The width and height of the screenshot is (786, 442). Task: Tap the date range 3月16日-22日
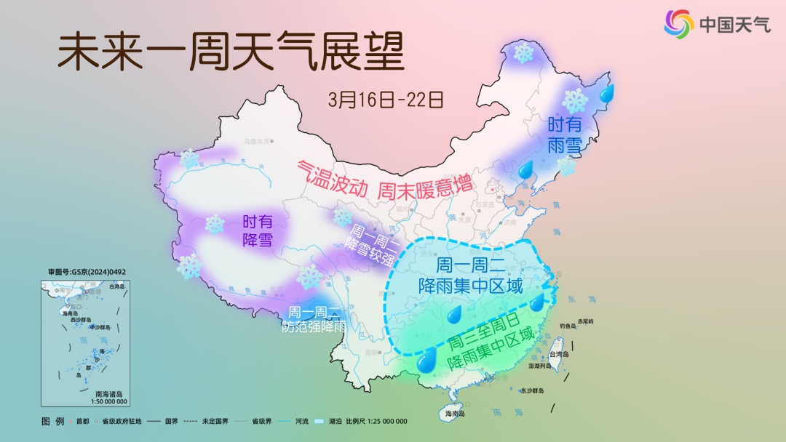click(x=385, y=99)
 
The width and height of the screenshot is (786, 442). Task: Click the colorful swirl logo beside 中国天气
click(x=678, y=24)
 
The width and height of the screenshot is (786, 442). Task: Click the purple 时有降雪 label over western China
click(x=258, y=230)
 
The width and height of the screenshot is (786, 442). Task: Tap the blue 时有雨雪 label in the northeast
click(x=565, y=135)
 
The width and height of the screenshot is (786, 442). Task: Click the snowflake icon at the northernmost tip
click(x=523, y=52)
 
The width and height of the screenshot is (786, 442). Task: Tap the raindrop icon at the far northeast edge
click(x=606, y=92)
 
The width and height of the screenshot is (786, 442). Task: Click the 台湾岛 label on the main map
click(x=558, y=354)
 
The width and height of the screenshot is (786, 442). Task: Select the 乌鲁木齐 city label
click(x=255, y=140)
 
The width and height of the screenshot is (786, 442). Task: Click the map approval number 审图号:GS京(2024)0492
click(x=87, y=272)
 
